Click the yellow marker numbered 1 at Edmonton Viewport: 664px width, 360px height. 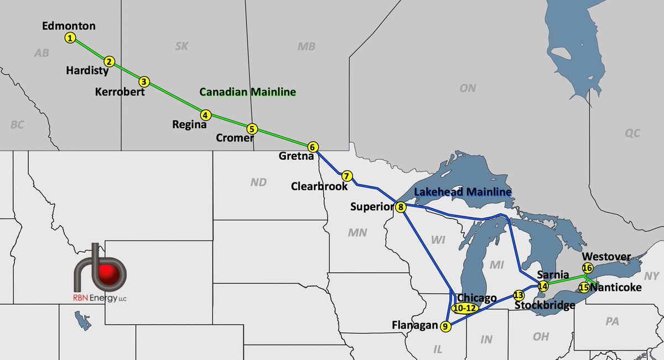70,38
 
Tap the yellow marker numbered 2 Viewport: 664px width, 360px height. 110,61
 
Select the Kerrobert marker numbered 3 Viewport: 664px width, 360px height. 144,81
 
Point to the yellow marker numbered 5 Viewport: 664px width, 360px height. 252,128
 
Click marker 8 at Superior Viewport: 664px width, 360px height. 401,207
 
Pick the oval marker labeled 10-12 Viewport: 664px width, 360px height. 464,308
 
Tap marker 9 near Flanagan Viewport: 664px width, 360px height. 446,326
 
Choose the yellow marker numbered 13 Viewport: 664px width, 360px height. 518,295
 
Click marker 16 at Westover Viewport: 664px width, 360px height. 588,268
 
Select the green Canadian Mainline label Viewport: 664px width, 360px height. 247,92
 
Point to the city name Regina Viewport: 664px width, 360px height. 189,125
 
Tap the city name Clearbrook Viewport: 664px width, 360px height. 319,187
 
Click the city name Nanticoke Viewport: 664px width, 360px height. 616,288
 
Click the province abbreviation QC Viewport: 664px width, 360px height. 632,133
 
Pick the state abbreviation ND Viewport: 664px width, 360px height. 258,182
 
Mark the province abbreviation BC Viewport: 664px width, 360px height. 17,125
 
